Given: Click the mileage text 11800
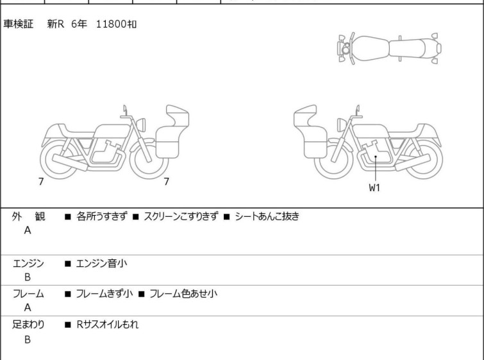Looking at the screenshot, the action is coord(112,24).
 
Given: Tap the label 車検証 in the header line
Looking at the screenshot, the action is coord(18,24).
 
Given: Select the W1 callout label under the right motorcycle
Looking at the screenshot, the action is coord(374,187).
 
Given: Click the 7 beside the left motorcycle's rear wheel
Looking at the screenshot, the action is coord(41,182).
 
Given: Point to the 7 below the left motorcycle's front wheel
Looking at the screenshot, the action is coord(167,182).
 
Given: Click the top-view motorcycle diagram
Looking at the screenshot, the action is coord(389,49).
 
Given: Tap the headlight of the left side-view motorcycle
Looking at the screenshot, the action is coord(141,124).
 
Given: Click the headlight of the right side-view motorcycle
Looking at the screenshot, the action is coord(342,124).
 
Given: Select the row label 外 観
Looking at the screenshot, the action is coord(28,216).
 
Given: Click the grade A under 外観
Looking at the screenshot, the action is coord(28,230).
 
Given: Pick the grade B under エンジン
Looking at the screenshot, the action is coord(28,277).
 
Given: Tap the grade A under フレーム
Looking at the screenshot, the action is coord(28,307).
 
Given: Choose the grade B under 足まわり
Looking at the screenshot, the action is coord(28,339).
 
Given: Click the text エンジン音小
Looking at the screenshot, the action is coord(101,263).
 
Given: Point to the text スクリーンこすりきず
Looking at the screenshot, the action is coord(181,216).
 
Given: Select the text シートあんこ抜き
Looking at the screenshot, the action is coord(267,216).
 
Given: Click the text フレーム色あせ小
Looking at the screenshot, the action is coord(183,293).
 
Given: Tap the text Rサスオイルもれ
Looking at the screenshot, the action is coord(108,325).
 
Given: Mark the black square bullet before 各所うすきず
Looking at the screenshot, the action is coord(68,217).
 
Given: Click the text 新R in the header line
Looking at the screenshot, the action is coord(56,24).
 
